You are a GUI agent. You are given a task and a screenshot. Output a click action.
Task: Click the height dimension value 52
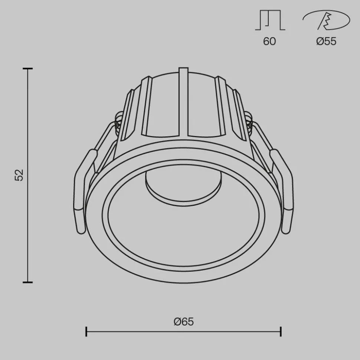point(19,175)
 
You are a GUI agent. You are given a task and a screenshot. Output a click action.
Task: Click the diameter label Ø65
point(184,321)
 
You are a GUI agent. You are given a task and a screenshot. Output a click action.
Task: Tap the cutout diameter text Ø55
point(326,41)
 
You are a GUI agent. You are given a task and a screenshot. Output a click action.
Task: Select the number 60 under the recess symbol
point(269,41)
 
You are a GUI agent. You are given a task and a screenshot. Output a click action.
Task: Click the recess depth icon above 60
point(270,20)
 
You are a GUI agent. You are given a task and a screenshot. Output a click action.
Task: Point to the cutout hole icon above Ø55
point(326,20)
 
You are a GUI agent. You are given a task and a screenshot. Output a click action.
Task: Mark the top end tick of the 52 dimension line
point(28,69)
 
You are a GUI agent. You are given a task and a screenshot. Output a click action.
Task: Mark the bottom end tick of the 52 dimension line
point(28,282)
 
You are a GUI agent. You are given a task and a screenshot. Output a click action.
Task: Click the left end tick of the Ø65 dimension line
point(86,331)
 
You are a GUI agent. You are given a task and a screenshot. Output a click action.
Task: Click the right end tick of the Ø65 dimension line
point(281,331)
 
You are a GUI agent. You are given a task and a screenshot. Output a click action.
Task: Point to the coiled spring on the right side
point(249,122)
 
